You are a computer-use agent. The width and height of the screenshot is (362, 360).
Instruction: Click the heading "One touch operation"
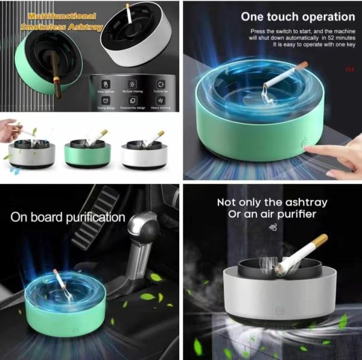pos(298,17)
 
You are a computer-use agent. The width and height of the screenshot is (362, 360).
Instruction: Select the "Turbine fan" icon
pos(160,84)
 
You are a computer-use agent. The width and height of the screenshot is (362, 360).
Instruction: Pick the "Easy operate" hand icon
pos(106,84)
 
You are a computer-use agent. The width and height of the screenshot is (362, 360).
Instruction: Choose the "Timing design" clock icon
pos(106,100)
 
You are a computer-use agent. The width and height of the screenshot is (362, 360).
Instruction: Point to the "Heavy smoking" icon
pos(160,100)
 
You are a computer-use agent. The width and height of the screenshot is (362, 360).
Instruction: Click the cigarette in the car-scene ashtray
pos(60,283)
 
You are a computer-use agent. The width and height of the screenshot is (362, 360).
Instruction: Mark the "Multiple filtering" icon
pos(133,84)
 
